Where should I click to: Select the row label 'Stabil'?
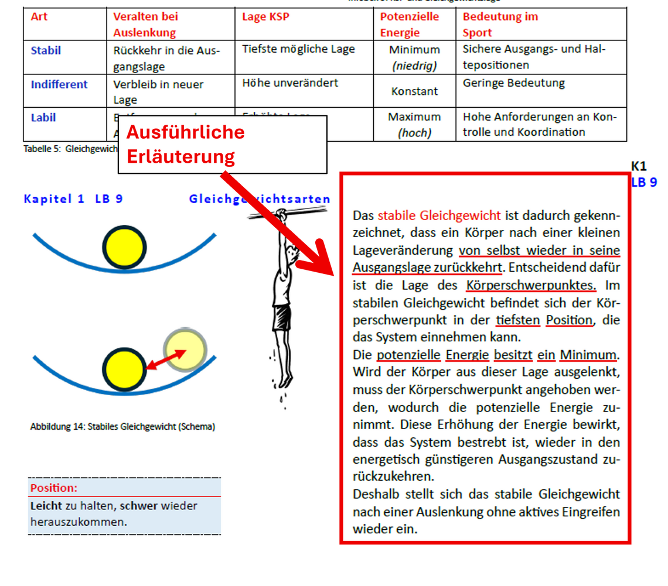pyautogui.click(x=46, y=50)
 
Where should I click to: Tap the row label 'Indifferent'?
pyautogui.click(x=59, y=84)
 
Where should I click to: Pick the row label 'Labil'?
pyautogui.click(x=43, y=118)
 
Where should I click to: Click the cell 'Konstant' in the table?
pyautogui.click(x=414, y=91)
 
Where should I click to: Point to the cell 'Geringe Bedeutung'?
pyautogui.click(x=513, y=83)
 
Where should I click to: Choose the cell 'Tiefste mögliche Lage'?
pyautogui.click(x=298, y=49)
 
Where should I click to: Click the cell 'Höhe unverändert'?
pyautogui.click(x=290, y=83)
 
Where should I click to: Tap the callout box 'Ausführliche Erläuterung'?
pyautogui.click(x=222, y=145)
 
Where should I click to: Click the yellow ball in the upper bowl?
pyautogui.click(x=124, y=246)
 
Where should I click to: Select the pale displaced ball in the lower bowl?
pyautogui.click(x=185, y=349)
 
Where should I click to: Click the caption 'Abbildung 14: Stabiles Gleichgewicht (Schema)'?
pyautogui.click(x=122, y=427)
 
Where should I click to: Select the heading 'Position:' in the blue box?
pyautogui.click(x=54, y=488)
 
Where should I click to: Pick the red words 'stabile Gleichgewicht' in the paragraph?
pyautogui.click(x=439, y=215)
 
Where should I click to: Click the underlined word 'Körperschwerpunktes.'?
pyautogui.click(x=531, y=286)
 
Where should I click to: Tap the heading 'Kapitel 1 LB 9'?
pyautogui.click(x=73, y=199)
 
